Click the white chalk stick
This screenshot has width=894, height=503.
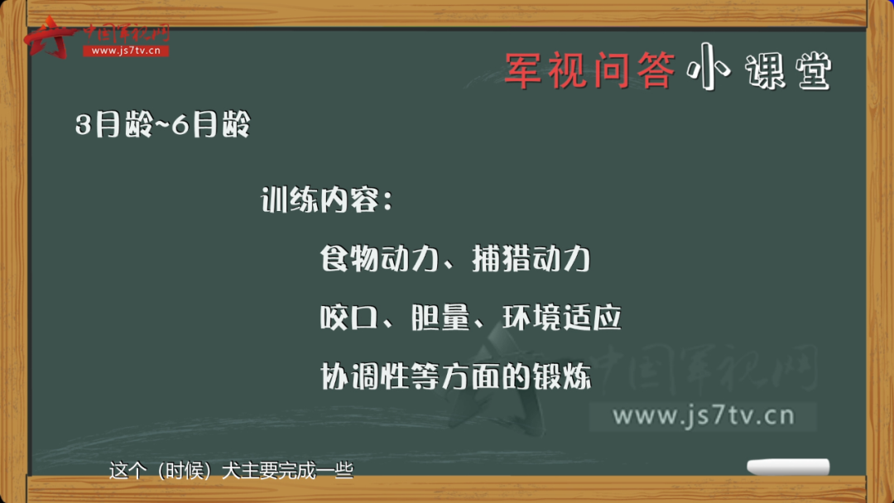click(788, 467)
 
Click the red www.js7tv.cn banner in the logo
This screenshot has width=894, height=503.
click(126, 50)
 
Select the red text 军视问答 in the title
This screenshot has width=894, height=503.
click(590, 70)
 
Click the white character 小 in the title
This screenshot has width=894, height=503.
click(709, 67)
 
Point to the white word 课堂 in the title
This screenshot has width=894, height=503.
click(789, 71)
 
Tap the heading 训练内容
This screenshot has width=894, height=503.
click(320, 200)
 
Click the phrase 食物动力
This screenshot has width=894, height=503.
click(379, 259)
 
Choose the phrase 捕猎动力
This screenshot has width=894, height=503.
click(531, 259)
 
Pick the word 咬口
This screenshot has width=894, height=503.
click(349, 318)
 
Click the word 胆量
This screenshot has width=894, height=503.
click(440, 318)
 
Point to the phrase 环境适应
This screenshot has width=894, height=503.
click(561, 318)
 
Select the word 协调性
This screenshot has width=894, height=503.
click(364, 376)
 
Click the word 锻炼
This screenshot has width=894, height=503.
click(562, 376)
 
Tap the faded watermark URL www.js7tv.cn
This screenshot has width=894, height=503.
click(704, 416)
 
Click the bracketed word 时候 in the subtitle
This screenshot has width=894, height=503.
click(184, 471)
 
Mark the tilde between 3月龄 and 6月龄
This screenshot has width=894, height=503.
click(162, 125)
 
